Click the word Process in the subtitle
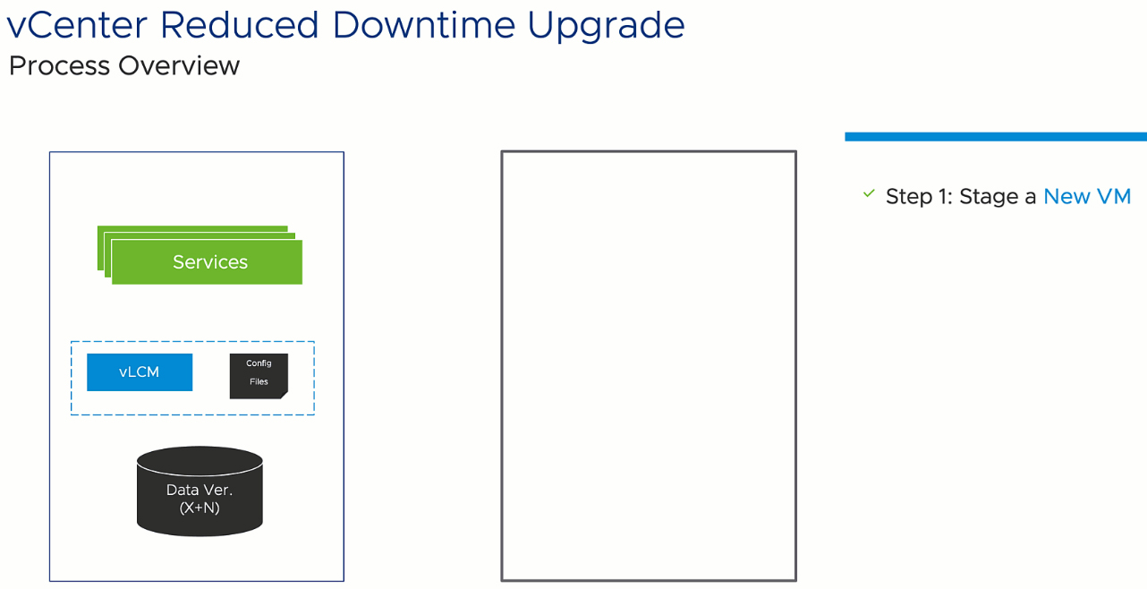[x=59, y=65]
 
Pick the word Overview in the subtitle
[x=179, y=65]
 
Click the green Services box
[x=207, y=261]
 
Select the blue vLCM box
[x=140, y=371]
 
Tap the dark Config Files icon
[x=259, y=376]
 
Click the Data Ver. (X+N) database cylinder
[x=200, y=491]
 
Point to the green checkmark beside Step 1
[x=869, y=193]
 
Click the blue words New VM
[x=1087, y=196]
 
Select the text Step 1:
[x=919, y=197]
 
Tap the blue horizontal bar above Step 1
[x=996, y=136]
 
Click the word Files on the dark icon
[x=259, y=381]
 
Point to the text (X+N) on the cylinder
[x=200, y=508]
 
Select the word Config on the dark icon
[x=259, y=363]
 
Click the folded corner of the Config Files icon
[x=285, y=396]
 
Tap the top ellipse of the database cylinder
[x=200, y=459]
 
